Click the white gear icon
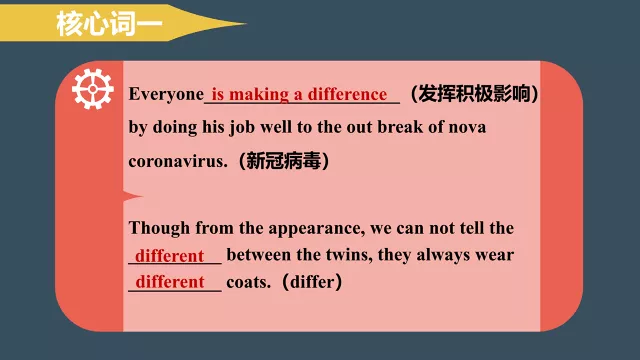(93, 90)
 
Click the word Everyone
(166, 94)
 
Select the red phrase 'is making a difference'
(300, 94)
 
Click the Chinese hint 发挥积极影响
(479, 94)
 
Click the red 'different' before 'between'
(170, 255)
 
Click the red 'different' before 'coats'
(170, 282)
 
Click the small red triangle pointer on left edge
(131, 195)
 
